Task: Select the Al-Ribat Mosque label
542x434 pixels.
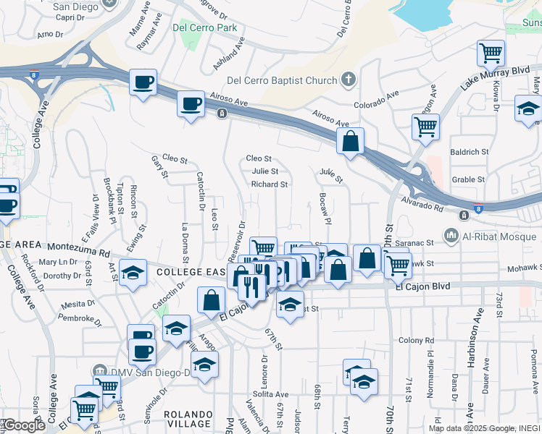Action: point(493,234)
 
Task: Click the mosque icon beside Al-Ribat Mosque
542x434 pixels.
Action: point(451,234)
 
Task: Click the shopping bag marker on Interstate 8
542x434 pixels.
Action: point(350,142)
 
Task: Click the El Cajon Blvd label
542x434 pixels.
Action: point(422,286)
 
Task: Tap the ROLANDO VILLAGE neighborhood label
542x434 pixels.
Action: point(187,419)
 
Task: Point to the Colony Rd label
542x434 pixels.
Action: point(415,340)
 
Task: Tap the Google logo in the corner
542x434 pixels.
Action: point(23,425)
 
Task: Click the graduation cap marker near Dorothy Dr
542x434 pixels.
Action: point(133,273)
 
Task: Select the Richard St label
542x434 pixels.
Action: point(270,184)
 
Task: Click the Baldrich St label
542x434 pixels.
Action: point(469,152)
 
